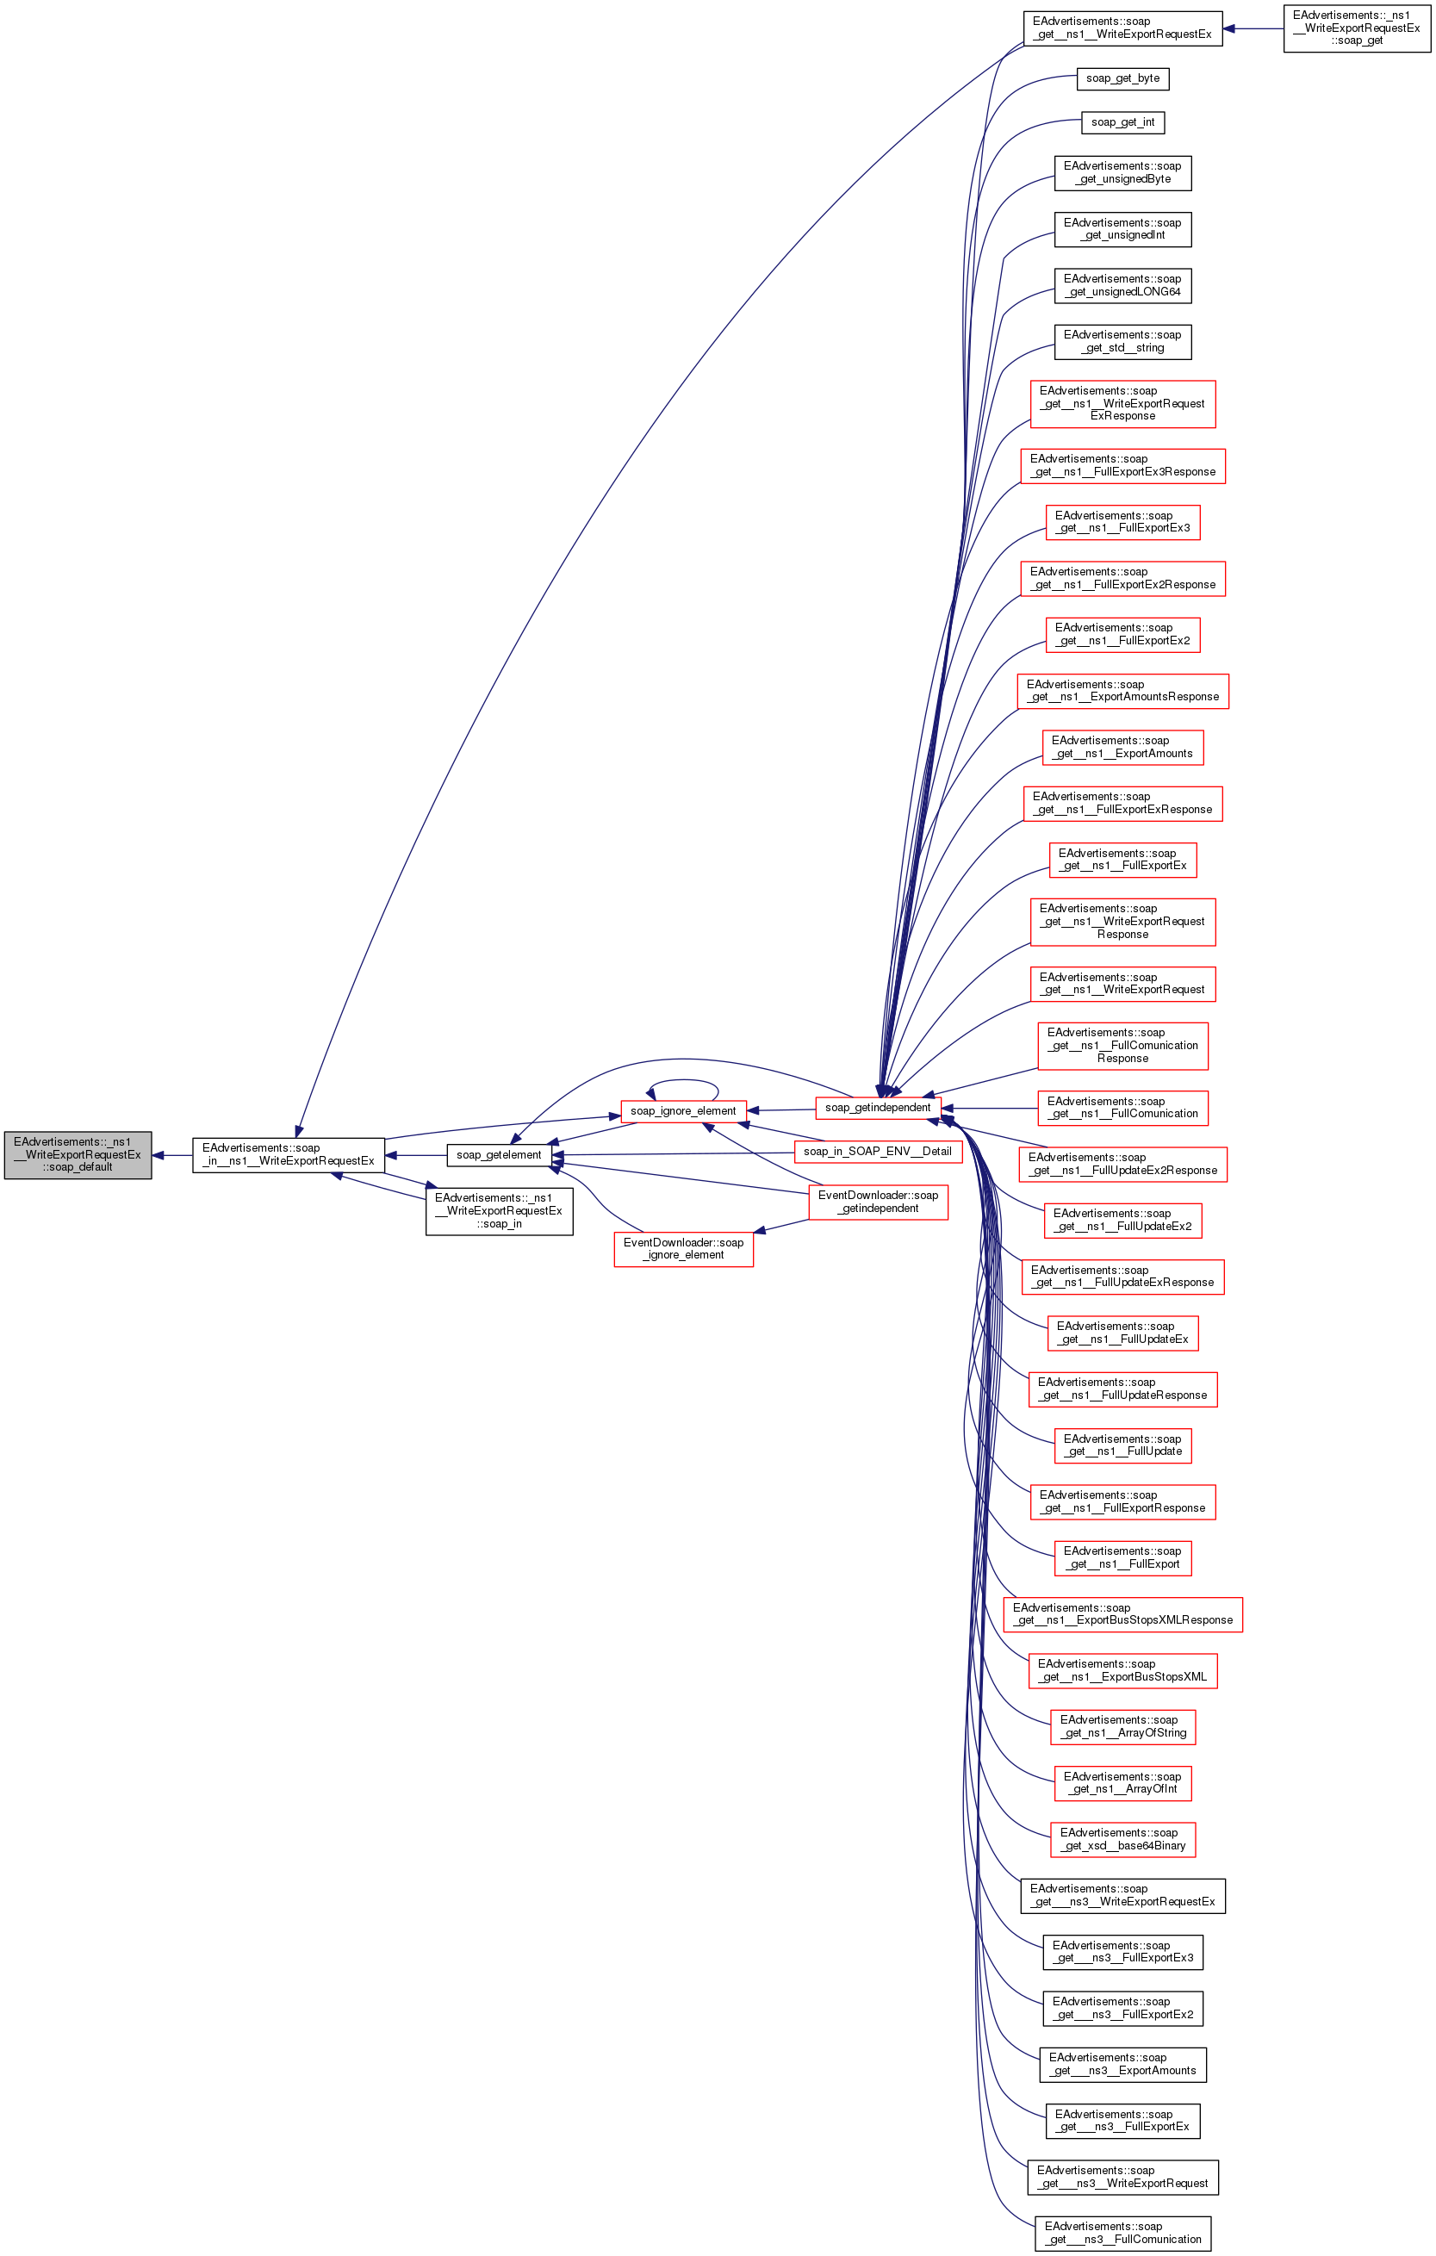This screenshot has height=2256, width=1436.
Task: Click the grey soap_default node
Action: pos(78,1154)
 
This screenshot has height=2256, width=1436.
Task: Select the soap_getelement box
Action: pos(499,1154)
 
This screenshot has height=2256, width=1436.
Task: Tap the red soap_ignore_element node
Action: pos(683,1111)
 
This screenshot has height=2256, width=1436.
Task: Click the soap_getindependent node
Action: pos(878,1108)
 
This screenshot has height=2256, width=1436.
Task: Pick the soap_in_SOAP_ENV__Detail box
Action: pos(878,1152)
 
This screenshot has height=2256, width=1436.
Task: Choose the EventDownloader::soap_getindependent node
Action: pos(878,1201)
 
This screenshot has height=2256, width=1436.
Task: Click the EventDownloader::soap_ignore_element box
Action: pos(683,1249)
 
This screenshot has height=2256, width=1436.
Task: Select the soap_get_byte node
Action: pos(1122,78)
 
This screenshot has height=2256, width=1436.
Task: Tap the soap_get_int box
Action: pos(1122,122)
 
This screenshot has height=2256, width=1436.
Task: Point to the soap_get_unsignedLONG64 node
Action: pos(1122,286)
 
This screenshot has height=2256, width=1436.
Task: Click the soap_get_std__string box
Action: pos(1122,342)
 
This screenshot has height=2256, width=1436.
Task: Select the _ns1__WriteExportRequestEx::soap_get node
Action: pos(1357,28)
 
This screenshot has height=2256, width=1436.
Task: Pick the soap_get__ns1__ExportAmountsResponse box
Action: pos(1122,691)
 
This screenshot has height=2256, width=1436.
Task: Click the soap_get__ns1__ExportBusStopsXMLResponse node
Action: pos(1122,1614)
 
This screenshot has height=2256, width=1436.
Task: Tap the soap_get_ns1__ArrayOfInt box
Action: pos(1122,1783)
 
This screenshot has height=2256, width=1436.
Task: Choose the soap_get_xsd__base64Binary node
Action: pos(1122,1839)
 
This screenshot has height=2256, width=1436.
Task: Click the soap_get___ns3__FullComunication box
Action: pos(1122,2233)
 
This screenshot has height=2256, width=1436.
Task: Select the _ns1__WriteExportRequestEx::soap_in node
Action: pos(499,1210)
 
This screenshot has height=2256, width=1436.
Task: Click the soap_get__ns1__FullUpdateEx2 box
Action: pos(1122,1220)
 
